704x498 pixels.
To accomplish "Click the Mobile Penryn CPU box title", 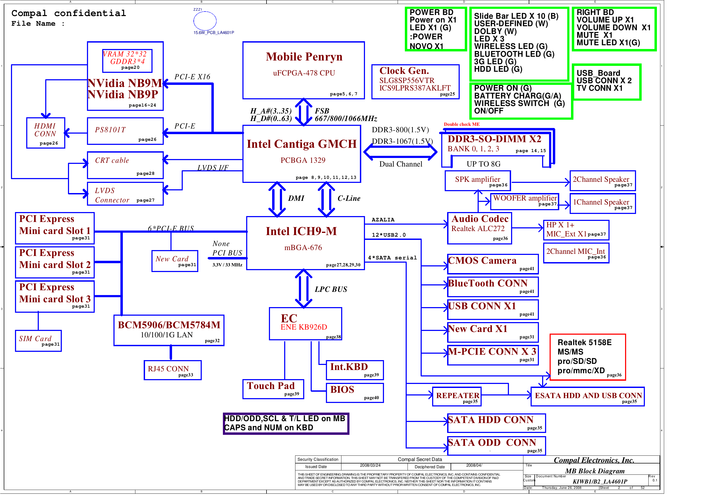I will [304, 57].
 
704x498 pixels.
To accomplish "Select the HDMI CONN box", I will [46, 133].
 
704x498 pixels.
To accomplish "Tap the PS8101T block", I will [125, 131].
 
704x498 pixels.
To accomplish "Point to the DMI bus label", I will [296, 198].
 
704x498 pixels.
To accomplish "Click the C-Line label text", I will [349, 198].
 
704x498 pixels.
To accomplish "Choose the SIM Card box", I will [38, 341].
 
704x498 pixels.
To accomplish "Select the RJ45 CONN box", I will [173, 370].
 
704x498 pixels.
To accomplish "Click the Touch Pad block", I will [273, 389].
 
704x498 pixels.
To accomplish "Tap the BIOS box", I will [355, 393].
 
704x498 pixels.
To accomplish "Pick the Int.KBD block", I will [355, 370].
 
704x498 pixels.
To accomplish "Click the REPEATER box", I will [457, 397].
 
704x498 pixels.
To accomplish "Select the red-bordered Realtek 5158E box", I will [588, 357].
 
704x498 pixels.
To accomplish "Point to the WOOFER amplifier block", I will [525, 201].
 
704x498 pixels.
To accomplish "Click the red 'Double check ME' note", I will [462, 124].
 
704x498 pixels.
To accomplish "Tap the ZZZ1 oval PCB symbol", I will [205, 21].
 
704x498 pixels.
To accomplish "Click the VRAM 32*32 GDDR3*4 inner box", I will [127, 61].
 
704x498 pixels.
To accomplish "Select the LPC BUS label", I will [331, 289].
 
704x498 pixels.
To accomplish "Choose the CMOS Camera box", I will [492, 263].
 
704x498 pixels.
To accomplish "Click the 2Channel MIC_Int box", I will [576, 253].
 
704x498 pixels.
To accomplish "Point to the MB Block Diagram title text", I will [595, 471].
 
